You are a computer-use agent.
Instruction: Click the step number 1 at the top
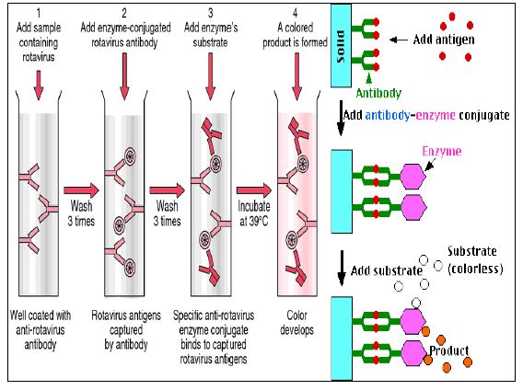click(x=39, y=13)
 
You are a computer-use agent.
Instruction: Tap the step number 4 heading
click(x=296, y=13)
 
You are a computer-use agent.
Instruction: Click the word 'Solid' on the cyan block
click(x=341, y=46)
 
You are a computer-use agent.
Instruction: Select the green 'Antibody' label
click(x=378, y=93)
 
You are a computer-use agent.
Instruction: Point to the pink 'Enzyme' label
click(x=442, y=152)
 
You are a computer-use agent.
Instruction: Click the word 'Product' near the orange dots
click(x=449, y=350)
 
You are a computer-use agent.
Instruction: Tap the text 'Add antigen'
click(x=444, y=40)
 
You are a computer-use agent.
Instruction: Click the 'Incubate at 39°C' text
click(x=254, y=213)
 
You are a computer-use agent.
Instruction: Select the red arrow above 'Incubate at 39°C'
click(x=254, y=190)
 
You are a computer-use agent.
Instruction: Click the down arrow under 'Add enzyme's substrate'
click(x=210, y=76)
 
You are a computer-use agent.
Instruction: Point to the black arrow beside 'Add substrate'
click(x=342, y=269)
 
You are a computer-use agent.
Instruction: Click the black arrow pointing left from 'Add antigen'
click(x=399, y=40)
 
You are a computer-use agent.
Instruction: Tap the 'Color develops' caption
click(x=296, y=322)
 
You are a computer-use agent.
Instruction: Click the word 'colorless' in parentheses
click(x=475, y=269)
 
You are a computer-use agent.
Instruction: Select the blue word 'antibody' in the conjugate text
click(x=388, y=115)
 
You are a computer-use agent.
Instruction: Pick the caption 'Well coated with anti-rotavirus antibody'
click(x=41, y=329)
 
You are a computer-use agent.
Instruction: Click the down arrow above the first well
click(x=39, y=86)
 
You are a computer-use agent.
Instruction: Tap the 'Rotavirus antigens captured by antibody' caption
click(x=126, y=329)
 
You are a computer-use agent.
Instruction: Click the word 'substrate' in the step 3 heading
click(x=210, y=42)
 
